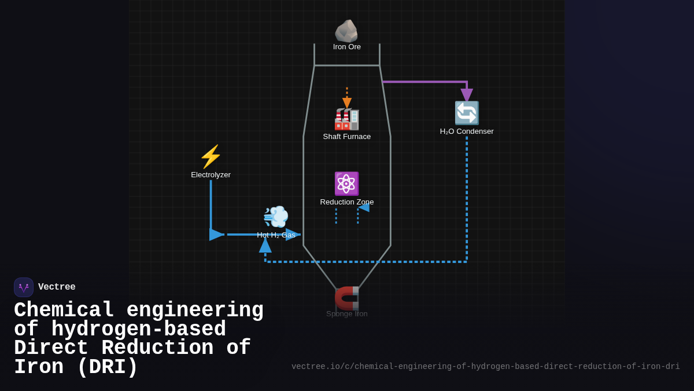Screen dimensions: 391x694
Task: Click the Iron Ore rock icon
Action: [x=346, y=31]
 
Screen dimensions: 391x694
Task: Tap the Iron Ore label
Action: [x=347, y=47]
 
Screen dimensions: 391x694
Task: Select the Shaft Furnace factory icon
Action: [x=347, y=119]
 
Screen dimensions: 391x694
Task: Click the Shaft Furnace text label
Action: [x=347, y=137]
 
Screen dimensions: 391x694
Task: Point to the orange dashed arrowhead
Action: [x=347, y=103]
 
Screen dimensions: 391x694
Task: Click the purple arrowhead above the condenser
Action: [x=467, y=95]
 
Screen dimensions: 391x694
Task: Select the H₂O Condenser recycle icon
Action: [x=467, y=113]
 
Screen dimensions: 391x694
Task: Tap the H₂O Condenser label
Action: [x=467, y=131]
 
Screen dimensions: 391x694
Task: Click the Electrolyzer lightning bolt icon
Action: [x=211, y=156]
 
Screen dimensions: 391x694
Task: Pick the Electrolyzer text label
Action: [x=211, y=175]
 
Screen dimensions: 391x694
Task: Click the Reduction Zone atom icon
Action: [x=346, y=184]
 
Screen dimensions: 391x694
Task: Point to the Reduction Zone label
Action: [x=347, y=202]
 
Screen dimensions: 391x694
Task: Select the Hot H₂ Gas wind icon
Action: [x=276, y=217]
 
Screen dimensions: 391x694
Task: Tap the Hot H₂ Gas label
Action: [x=276, y=235]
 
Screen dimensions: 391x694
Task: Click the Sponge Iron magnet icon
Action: [x=347, y=298]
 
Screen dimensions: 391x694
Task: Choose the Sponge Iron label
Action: [x=347, y=314]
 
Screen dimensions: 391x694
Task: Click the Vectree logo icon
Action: [x=24, y=287]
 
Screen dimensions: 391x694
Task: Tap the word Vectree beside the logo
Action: [x=57, y=287]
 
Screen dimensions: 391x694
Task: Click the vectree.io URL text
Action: [x=485, y=367]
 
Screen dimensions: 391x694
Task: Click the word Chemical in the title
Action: [x=64, y=310]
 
